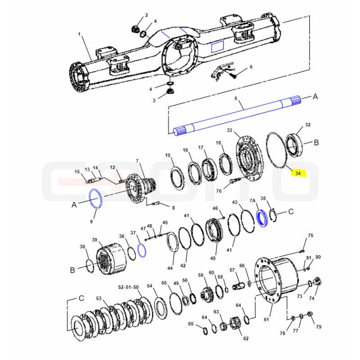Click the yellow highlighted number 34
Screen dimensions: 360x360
tap(298, 173)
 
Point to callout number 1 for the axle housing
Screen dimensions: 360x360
tap(80, 34)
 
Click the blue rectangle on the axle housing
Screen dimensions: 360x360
tap(217, 47)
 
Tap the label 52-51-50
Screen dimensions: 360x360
tap(128, 287)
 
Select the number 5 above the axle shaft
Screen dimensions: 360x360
tap(235, 99)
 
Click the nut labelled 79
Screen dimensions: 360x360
tap(310, 313)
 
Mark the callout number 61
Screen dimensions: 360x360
tap(266, 319)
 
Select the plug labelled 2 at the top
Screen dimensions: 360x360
tap(135, 29)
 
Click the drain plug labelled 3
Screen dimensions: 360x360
tap(170, 91)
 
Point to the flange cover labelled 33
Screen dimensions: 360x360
tap(249, 160)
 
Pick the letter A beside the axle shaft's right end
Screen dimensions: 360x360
tap(315, 97)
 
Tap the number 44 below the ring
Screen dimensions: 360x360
tap(170, 268)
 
